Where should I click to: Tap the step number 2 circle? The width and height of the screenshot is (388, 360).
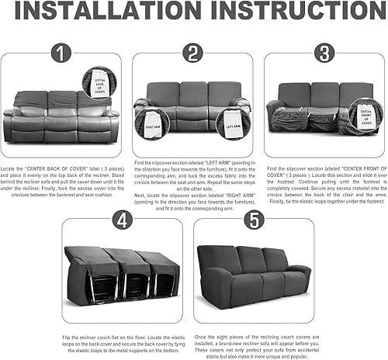[x=193, y=54]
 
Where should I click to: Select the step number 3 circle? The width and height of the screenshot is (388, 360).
[x=322, y=54]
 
